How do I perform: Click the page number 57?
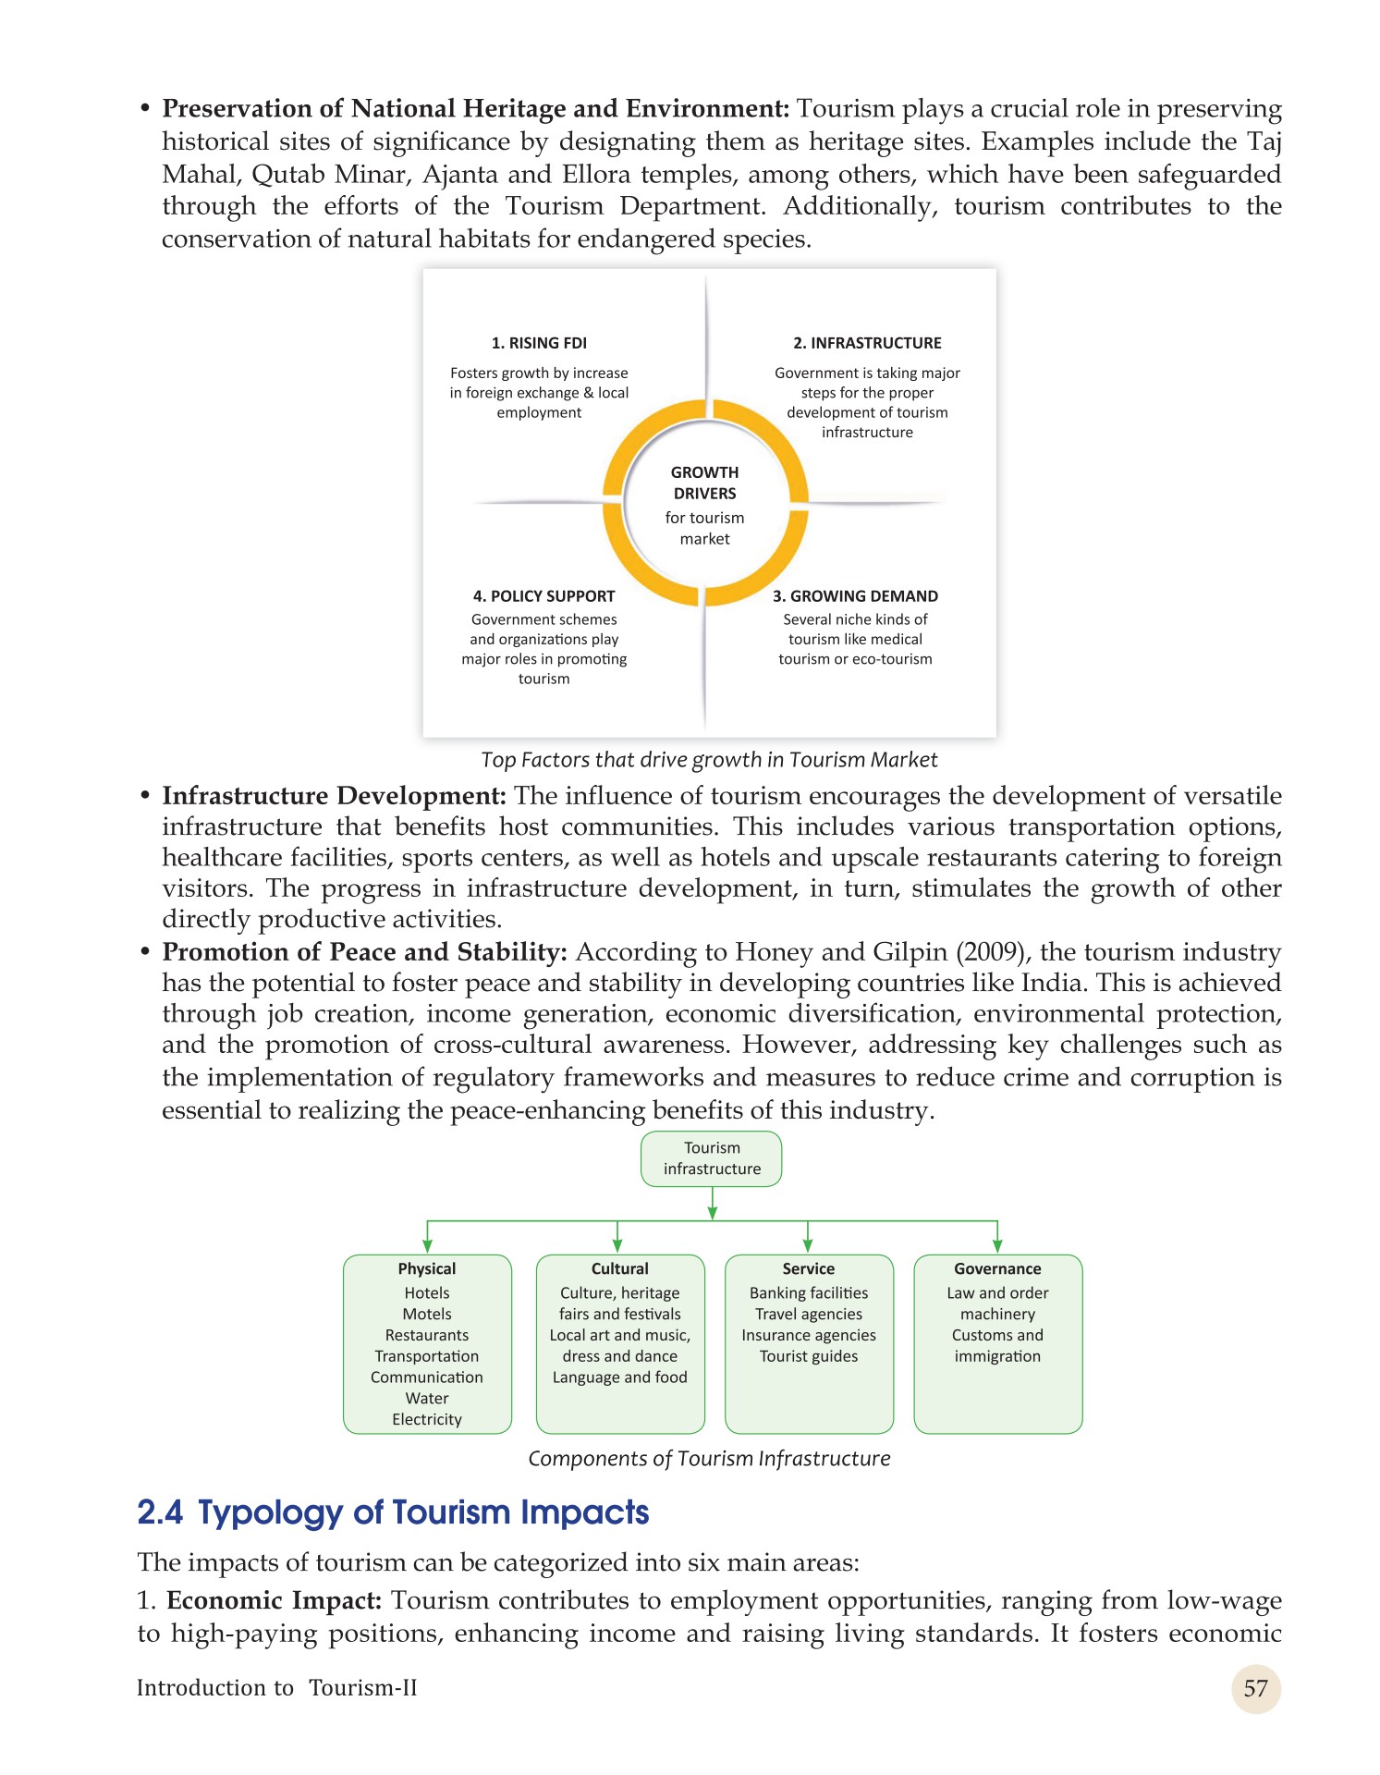[x=1255, y=1689]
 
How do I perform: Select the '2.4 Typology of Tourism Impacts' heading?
[x=393, y=1512]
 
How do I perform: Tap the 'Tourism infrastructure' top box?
[x=712, y=1158]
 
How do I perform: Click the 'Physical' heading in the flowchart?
[x=427, y=1268]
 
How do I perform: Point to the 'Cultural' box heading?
[x=620, y=1268]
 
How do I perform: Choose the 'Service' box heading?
[x=809, y=1268]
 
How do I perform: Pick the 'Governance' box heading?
[x=997, y=1268]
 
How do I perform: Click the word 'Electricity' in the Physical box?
[x=427, y=1419]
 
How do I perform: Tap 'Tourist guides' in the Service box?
[x=809, y=1356]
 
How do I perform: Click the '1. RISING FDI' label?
[x=539, y=343]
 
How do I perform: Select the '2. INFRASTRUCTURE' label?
[x=867, y=343]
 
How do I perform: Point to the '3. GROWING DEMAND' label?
[x=855, y=596]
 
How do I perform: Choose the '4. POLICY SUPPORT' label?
[x=543, y=596]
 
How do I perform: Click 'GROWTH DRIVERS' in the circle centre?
[x=704, y=483]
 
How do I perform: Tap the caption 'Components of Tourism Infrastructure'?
[x=709, y=1459]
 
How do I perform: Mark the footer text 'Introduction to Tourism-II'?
[x=276, y=1688]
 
